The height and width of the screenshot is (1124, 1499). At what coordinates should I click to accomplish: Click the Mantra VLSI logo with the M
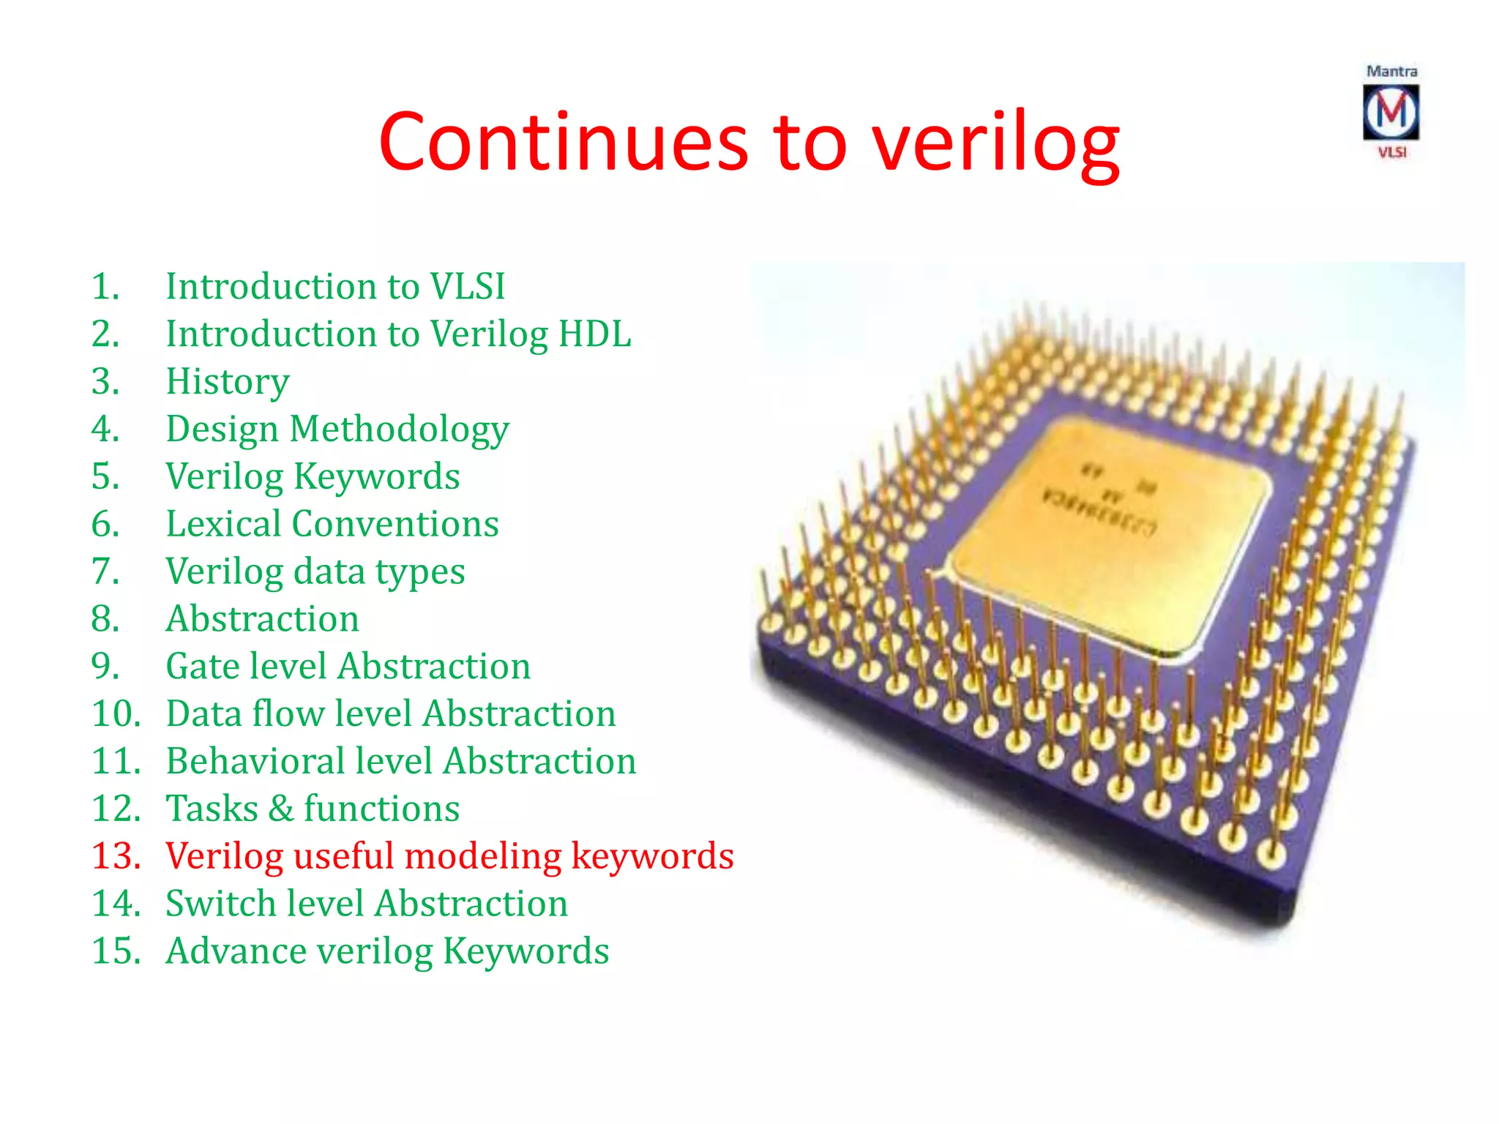(1391, 112)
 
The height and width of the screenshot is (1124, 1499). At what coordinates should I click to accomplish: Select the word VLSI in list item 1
(467, 286)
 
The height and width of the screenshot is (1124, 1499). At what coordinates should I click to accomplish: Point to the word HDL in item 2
(594, 334)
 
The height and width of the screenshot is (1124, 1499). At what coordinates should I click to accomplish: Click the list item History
(228, 382)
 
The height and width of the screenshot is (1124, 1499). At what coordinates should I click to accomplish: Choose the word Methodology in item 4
(400, 430)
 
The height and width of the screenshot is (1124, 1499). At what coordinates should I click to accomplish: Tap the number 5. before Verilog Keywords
(105, 476)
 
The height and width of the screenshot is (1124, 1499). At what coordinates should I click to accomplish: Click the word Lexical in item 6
(223, 524)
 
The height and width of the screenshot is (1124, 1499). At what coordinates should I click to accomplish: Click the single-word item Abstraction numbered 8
(262, 619)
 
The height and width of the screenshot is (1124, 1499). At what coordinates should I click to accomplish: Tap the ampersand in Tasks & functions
(281, 809)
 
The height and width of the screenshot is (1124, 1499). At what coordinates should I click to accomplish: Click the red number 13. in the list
(116, 856)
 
